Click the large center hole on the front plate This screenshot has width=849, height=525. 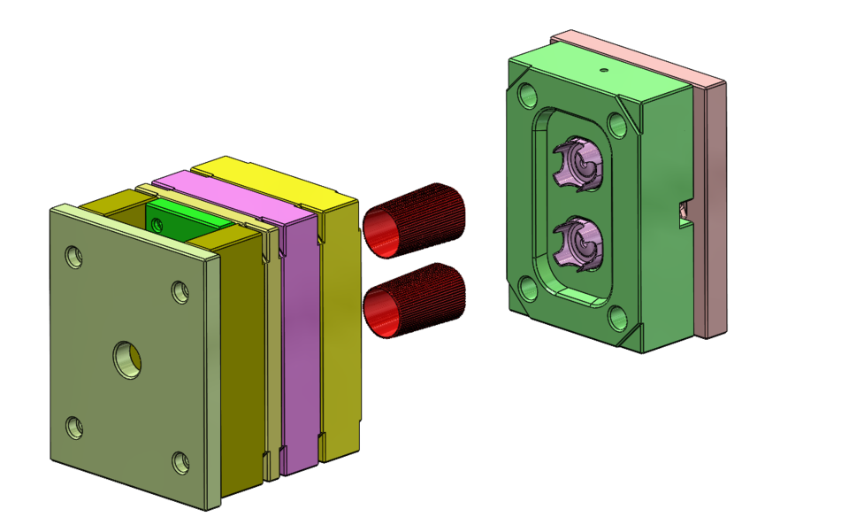[x=127, y=359]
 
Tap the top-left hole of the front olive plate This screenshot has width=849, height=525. [x=75, y=258]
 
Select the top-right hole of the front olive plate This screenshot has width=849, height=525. [x=180, y=291]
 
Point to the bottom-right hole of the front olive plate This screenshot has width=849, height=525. [x=180, y=460]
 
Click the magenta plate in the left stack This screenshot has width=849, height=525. [x=298, y=336]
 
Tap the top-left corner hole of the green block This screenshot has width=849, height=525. [x=529, y=94]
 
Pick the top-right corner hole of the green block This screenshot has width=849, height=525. [x=618, y=123]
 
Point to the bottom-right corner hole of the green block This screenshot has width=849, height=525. [x=618, y=317]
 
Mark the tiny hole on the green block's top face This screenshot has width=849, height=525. [x=604, y=68]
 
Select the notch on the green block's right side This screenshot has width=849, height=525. [x=683, y=212]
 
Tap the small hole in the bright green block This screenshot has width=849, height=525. [x=158, y=227]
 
